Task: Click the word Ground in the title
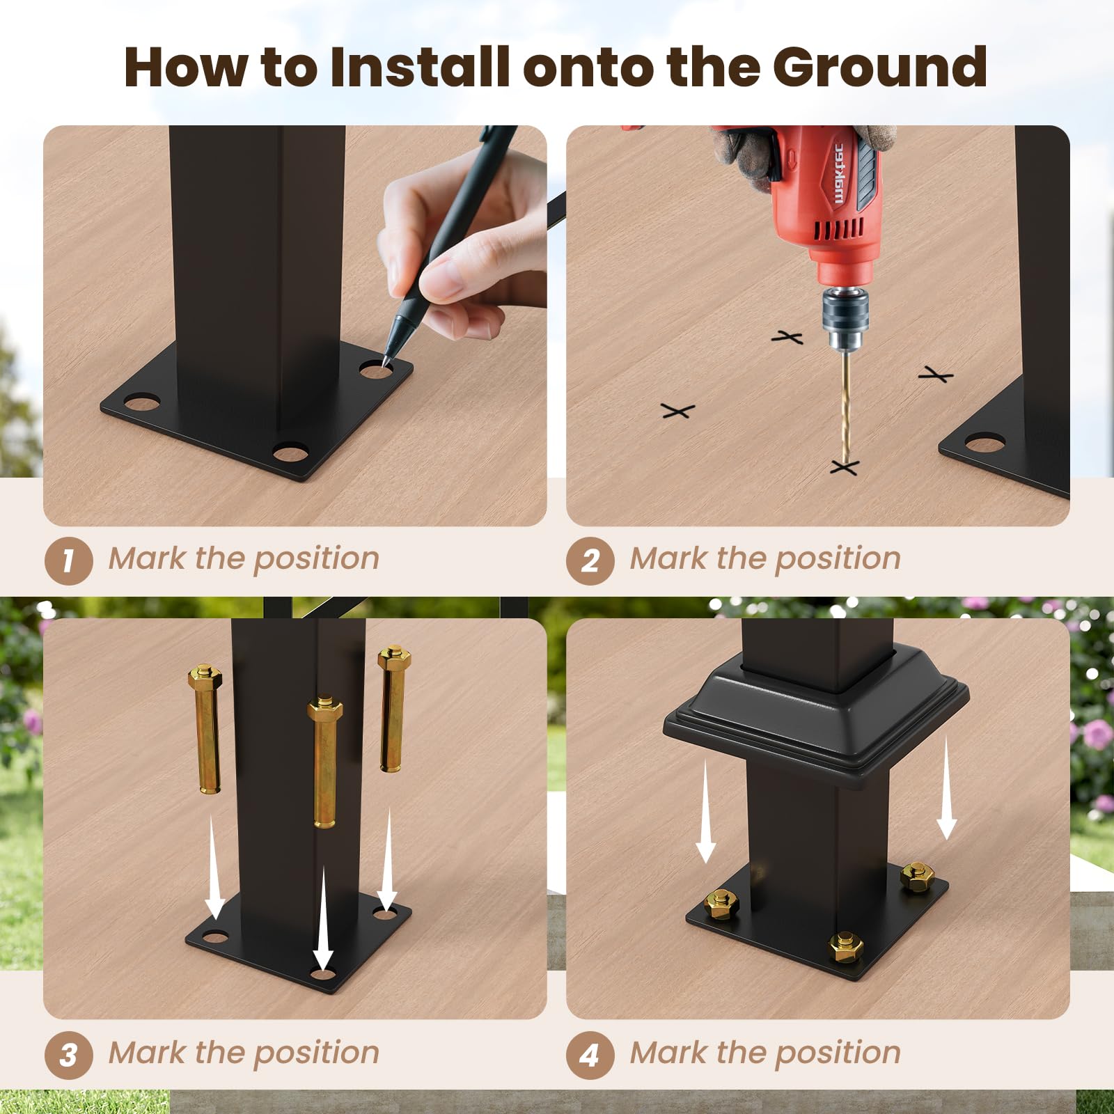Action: [x=879, y=67]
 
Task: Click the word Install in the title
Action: [x=421, y=67]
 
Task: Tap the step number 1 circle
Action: [x=68, y=561]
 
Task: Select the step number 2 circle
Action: [x=590, y=561]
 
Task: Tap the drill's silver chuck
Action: [x=845, y=313]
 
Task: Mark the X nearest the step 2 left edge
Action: [x=677, y=411]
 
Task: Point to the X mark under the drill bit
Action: [x=845, y=466]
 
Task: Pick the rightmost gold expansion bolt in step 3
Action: [x=393, y=709]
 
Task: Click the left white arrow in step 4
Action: [x=706, y=811]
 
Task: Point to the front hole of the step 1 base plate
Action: [x=290, y=453]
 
